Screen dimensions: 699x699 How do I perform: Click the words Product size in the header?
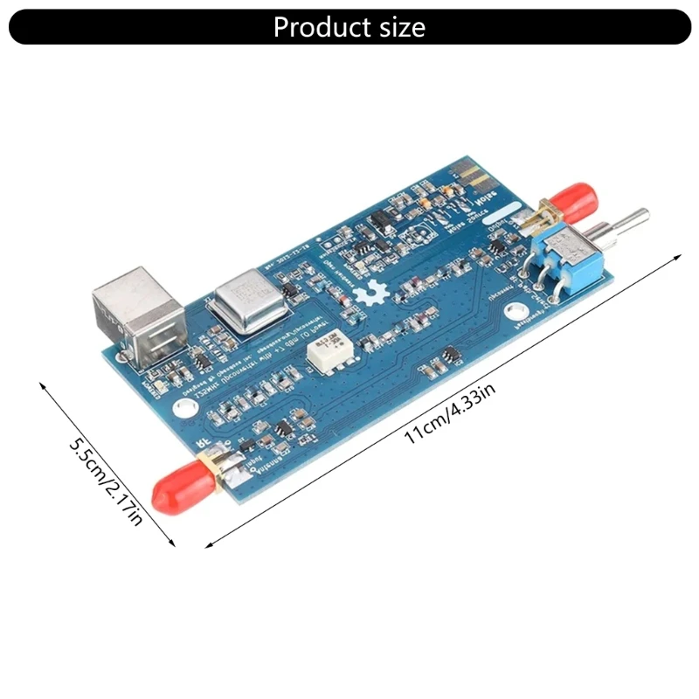(x=349, y=27)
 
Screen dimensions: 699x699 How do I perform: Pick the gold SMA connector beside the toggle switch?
(x=543, y=213)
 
